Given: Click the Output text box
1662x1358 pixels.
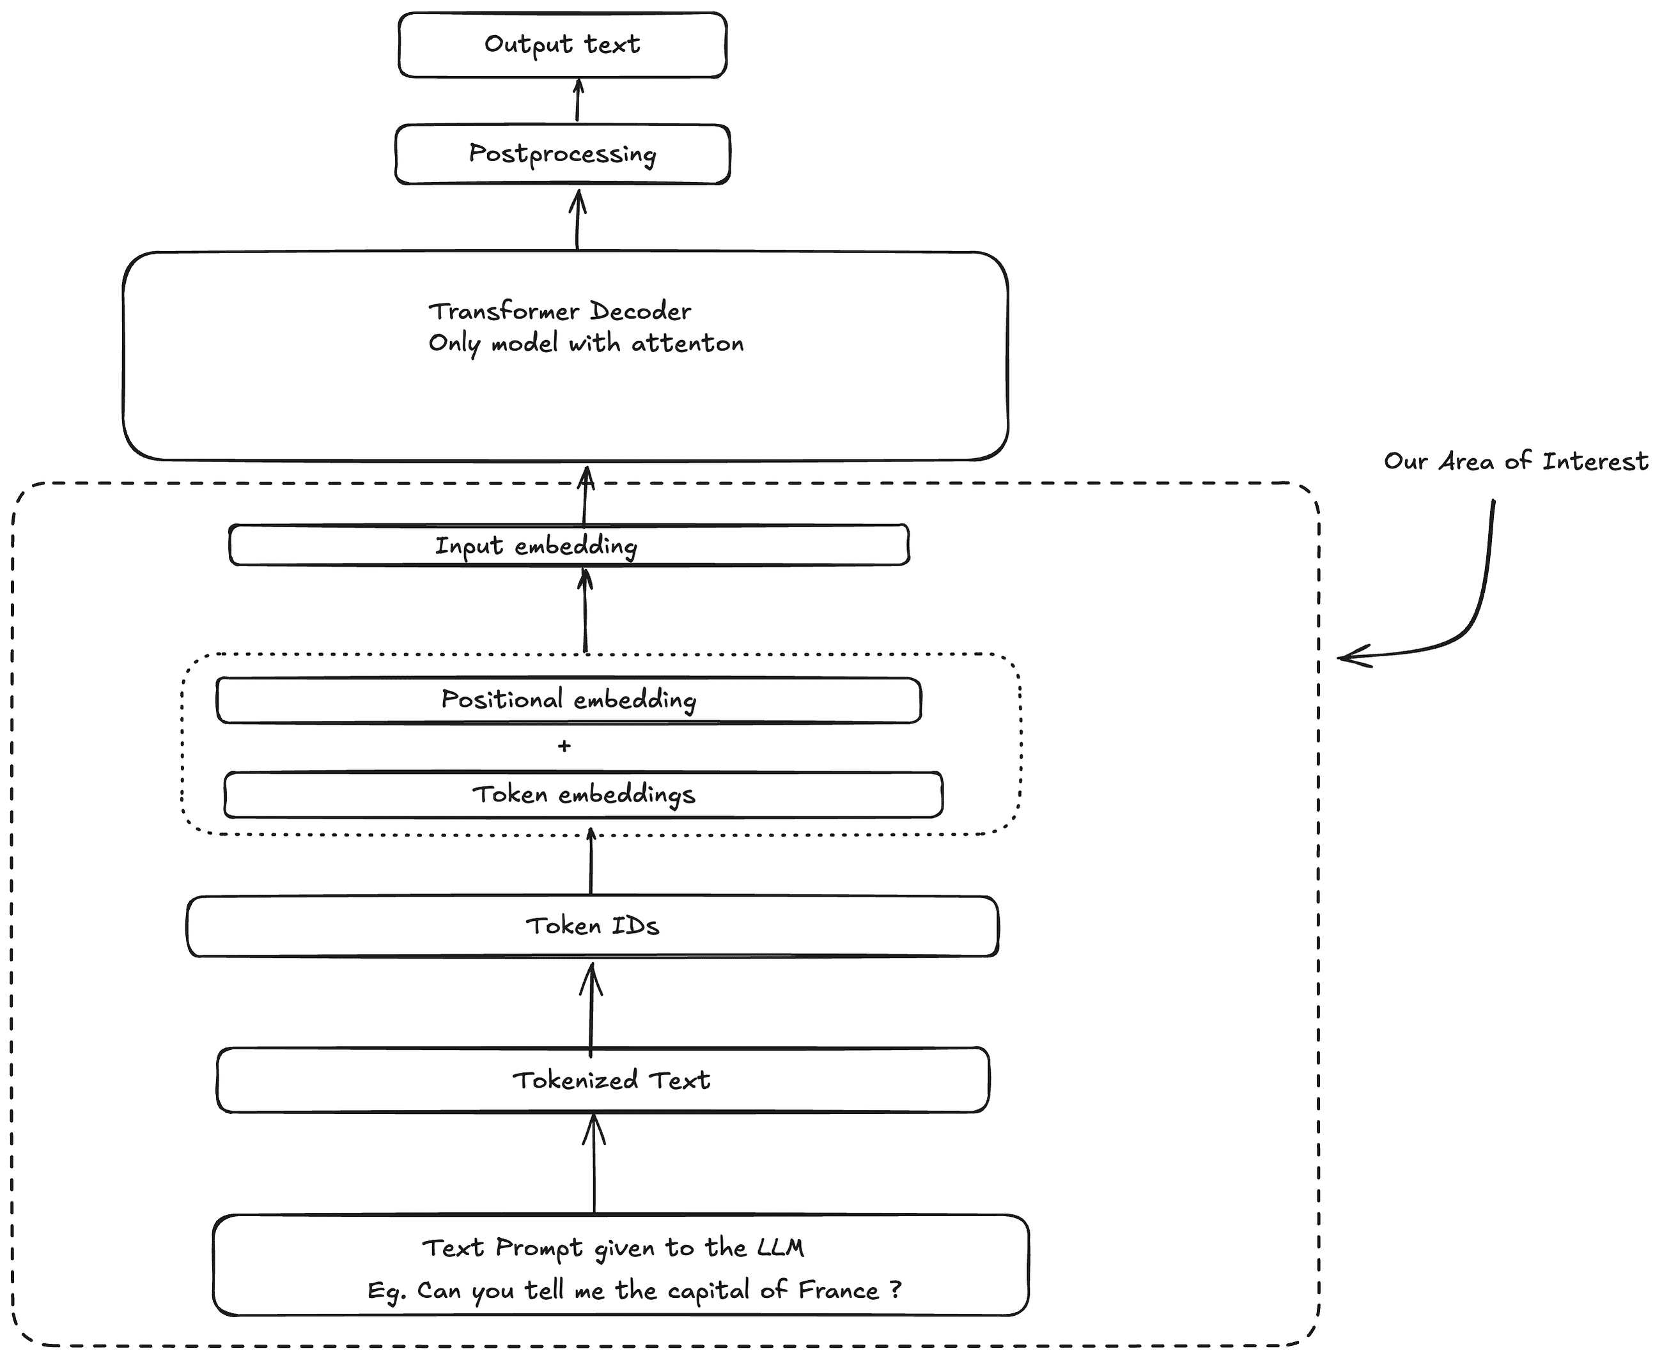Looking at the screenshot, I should coord(562,45).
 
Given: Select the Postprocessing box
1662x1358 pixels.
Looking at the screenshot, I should coord(562,154).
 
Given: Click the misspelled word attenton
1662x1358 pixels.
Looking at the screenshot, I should coord(687,343).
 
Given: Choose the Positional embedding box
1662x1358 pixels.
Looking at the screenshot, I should coord(568,699).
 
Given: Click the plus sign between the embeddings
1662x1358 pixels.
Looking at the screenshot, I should coord(564,746).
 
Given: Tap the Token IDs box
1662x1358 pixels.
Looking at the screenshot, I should coord(593,926).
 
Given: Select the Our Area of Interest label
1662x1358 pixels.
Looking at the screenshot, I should coord(1516,461).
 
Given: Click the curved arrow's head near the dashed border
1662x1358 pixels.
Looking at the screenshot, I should coord(1347,656).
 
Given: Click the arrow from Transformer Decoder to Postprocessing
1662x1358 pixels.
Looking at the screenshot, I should coord(577,219).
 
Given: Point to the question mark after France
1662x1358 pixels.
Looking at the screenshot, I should coord(896,1288).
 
